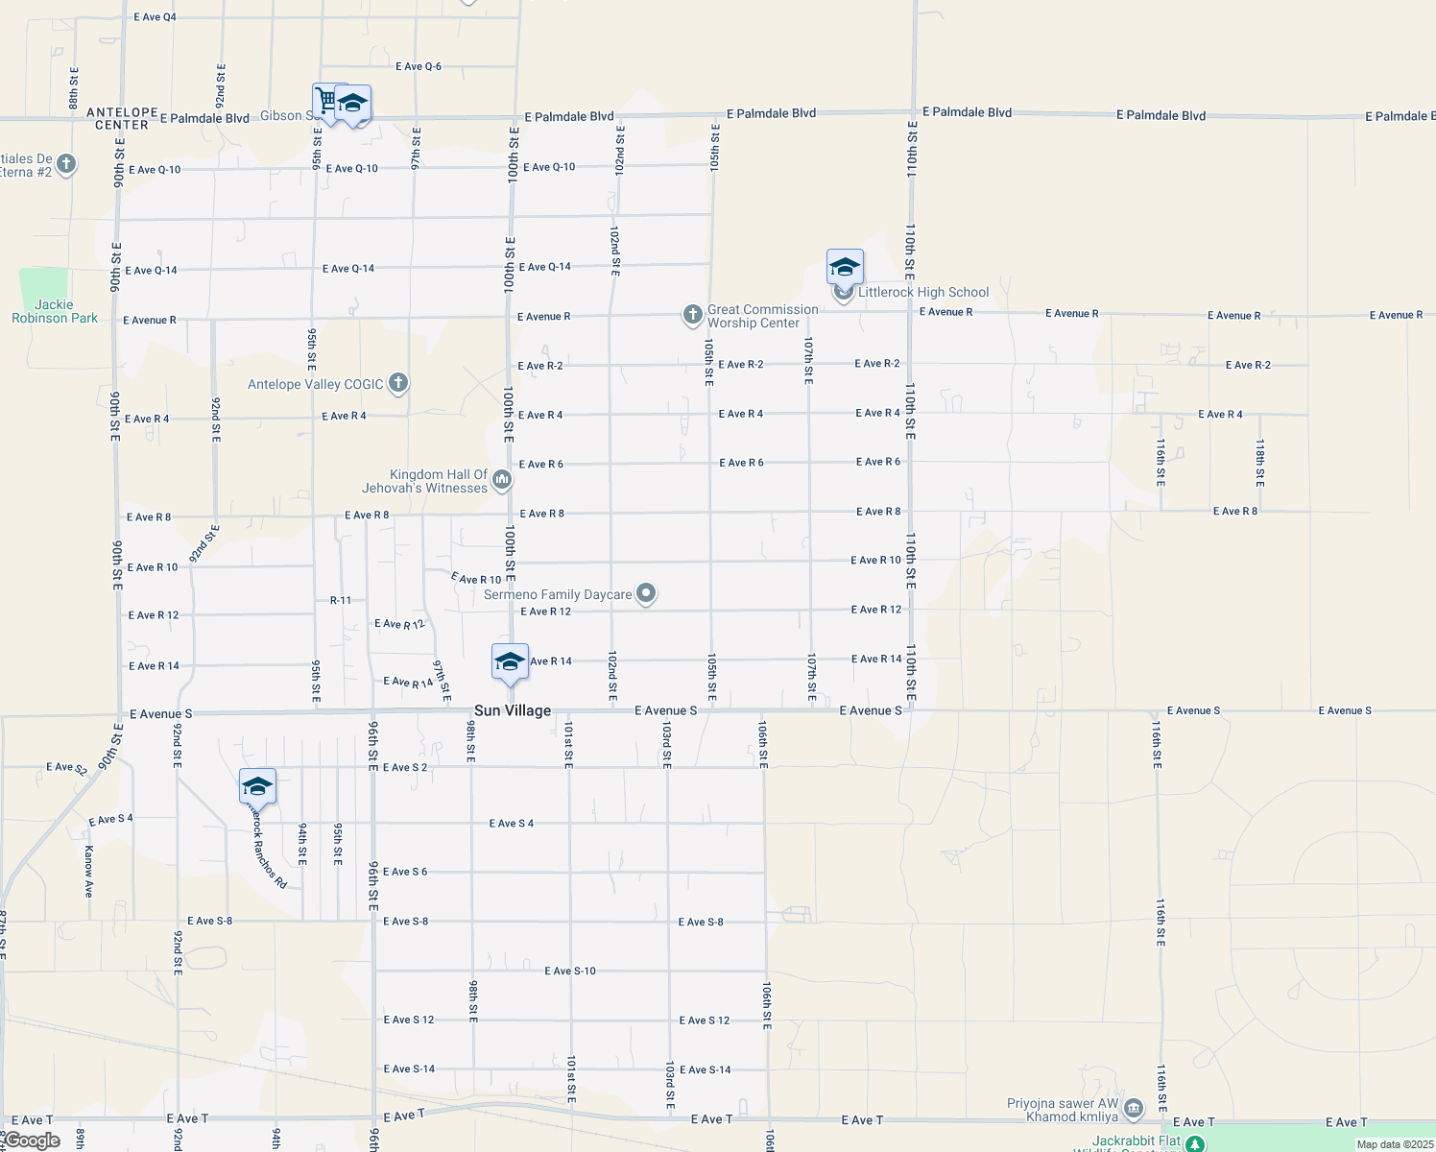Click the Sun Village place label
tap(513, 711)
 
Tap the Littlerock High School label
tap(923, 293)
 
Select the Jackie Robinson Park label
tap(55, 311)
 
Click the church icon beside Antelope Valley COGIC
tap(398, 384)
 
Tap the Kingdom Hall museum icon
tap(502, 482)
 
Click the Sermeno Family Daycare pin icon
tap(647, 594)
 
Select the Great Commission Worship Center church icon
tap(692, 315)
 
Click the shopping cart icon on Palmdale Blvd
tap(327, 101)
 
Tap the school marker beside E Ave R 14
tap(510, 662)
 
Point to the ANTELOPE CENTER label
tap(122, 119)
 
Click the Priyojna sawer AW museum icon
tap(1134, 1110)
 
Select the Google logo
tap(31, 1141)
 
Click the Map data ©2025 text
tap(1395, 1144)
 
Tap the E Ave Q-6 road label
tap(419, 67)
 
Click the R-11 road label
tap(341, 601)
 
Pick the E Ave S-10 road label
tap(570, 972)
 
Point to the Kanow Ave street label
tap(88, 871)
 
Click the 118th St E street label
tap(1260, 463)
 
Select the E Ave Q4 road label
tap(155, 17)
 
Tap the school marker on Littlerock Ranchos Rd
tap(257, 787)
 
